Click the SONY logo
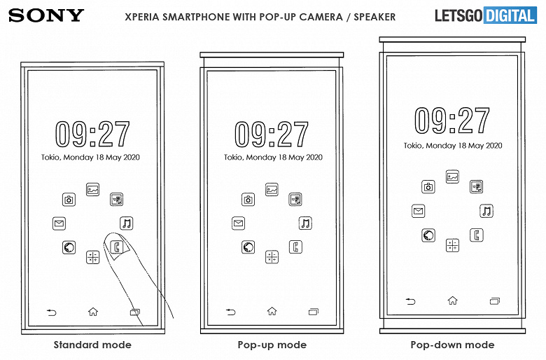point(46,15)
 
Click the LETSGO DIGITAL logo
point(486,15)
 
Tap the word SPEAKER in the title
point(374,17)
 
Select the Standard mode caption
point(92,345)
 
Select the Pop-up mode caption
point(272,345)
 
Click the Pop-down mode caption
point(452,345)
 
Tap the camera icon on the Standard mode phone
point(69,200)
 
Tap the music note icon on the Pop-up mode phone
point(305,223)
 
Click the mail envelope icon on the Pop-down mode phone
point(418,211)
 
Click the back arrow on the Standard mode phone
point(52,312)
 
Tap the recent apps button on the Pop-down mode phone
point(494,300)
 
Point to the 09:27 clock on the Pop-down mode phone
point(452,120)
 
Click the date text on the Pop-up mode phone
point(273,157)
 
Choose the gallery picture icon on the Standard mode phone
point(92,190)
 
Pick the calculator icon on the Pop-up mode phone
point(272,257)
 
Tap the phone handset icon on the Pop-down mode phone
point(477,235)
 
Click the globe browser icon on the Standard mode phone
point(69,247)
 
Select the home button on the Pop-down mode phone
point(452,300)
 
